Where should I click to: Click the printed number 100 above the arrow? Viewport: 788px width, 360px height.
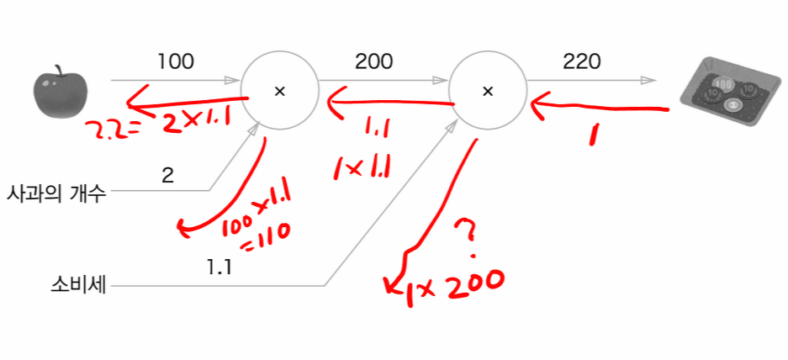(176, 61)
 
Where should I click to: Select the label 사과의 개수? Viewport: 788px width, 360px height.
(56, 192)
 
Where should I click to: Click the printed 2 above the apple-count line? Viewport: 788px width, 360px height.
(167, 176)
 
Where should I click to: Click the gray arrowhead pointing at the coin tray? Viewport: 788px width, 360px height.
(650, 82)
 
